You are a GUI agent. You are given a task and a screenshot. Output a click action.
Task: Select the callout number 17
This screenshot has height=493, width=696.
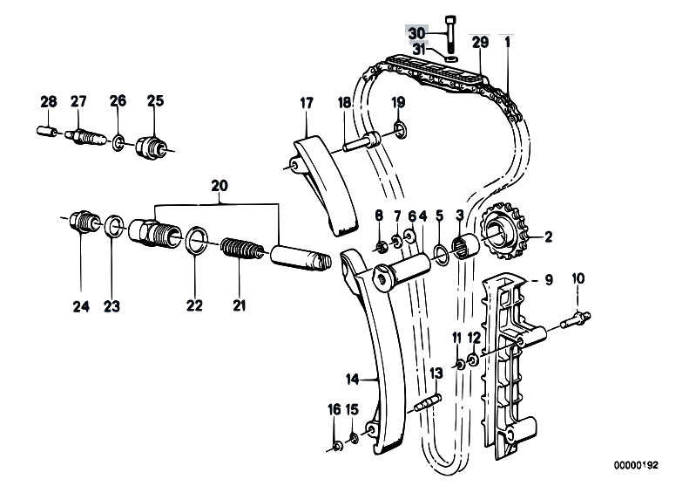tap(307, 102)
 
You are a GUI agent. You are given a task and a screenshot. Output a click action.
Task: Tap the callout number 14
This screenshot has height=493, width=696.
tap(351, 380)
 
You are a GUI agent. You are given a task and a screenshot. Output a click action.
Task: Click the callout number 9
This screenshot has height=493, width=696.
tap(549, 280)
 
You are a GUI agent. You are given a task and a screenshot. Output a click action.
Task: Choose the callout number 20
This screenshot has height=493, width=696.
tap(219, 185)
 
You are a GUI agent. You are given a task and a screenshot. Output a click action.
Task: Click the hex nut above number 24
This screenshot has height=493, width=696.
tap(81, 223)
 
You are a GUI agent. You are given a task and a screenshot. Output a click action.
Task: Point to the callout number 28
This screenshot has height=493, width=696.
tap(48, 102)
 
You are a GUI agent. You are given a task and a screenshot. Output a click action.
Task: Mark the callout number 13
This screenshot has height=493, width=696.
tap(436, 373)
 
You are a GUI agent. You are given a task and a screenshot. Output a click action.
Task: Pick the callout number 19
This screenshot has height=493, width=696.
tap(398, 102)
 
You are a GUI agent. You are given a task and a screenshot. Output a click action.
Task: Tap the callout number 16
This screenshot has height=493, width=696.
tap(334, 410)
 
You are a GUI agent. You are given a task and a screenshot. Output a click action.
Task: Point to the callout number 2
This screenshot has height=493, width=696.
tap(549, 236)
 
